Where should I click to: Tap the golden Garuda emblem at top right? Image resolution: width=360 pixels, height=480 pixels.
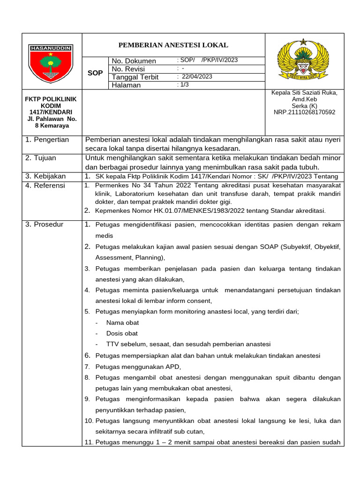(x=304, y=60)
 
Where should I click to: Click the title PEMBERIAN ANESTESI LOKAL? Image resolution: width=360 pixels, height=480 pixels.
(x=173, y=45)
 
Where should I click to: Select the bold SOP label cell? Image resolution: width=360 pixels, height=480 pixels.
(x=95, y=73)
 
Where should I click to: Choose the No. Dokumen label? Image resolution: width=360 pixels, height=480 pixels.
(x=134, y=61)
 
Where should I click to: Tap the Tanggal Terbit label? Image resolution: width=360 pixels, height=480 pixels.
(x=135, y=77)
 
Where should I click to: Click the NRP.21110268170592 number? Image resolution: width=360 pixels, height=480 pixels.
(x=305, y=112)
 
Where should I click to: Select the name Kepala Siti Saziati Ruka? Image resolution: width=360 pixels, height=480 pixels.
(x=305, y=93)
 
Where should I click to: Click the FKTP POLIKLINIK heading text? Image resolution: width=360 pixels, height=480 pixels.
(x=50, y=99)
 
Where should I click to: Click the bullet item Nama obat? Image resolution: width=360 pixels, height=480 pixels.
(x=122, y=322)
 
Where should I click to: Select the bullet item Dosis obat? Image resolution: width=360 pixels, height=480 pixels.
(x=122, y=333)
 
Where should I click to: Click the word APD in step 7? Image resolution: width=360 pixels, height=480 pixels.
(x=172, y=367)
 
